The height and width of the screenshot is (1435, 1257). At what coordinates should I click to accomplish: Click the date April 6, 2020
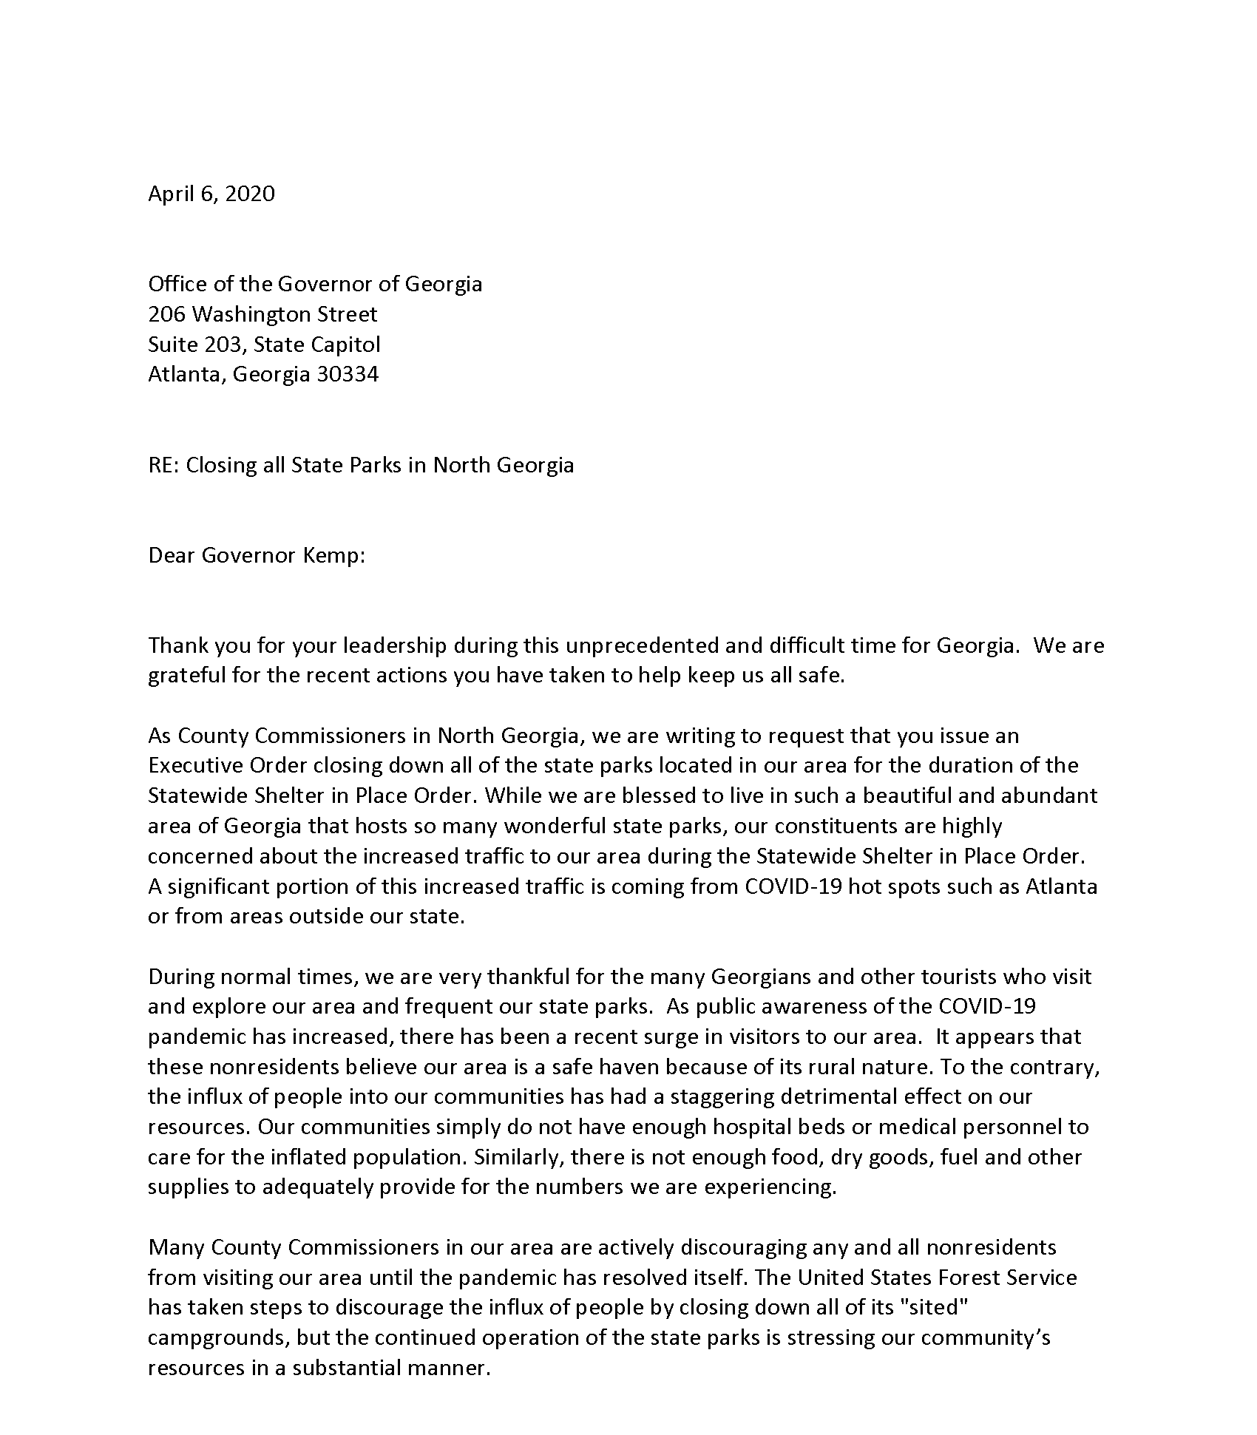point(211,194)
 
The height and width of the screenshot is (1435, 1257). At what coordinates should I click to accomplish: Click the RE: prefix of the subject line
point(164,465)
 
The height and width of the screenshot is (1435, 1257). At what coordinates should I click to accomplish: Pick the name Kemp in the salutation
point(334,555)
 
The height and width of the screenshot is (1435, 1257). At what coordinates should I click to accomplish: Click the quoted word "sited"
point(937,1307)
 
